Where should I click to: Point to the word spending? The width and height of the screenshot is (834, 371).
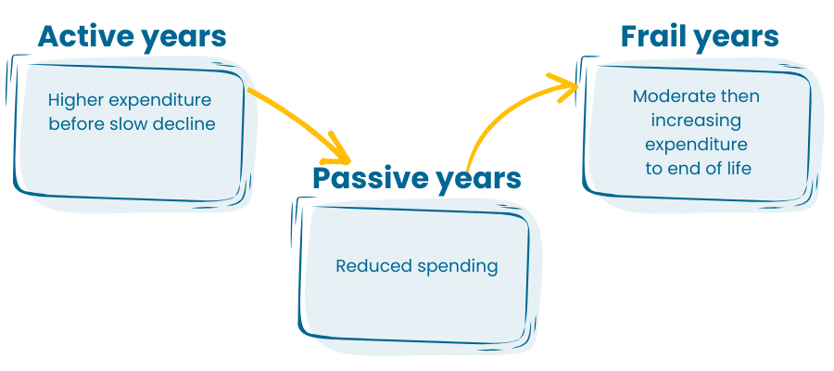(x=458, y=267)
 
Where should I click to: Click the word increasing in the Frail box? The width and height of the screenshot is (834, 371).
(x=696, y=122)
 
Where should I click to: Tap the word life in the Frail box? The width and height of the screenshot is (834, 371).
(x=741, y=168)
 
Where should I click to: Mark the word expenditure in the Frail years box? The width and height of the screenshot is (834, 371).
(x=696, y=146)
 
